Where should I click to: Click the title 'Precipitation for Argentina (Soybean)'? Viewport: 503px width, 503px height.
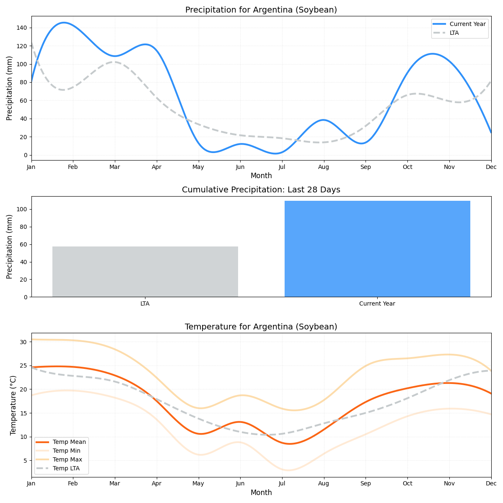[x=261, y=10]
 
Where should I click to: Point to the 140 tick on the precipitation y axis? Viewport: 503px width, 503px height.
[x=22, y=28]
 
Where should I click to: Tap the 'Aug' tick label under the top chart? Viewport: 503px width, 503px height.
[x=324, y=167]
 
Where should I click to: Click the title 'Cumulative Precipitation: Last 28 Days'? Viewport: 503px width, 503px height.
[x=261, y=190]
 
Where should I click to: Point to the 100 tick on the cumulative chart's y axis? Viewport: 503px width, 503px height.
[x=22, y=209]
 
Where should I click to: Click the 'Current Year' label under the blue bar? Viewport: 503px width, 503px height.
[x=377, y=303]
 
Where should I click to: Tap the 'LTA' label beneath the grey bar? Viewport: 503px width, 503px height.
[x=145, y=303]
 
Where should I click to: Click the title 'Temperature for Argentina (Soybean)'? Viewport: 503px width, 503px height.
[x=261, y=327]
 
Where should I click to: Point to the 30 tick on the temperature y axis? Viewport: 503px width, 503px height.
[x=23, y=342]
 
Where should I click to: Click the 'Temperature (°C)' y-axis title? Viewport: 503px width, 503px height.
[x=13, y=405]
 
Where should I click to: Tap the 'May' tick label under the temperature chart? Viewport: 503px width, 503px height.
[x=198, y=484]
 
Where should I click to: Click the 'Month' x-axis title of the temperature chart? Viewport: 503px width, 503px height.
[x=261, y=493]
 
